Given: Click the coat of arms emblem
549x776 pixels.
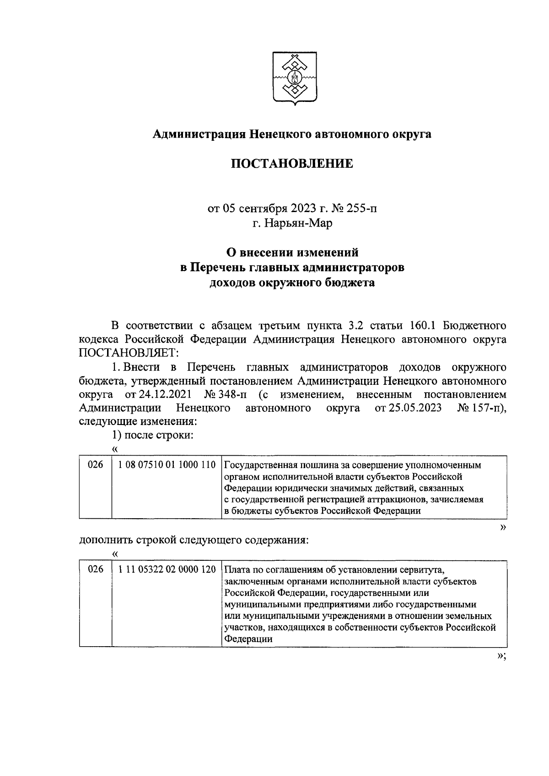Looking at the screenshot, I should pos(292,79).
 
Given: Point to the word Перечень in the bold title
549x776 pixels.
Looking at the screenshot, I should pos(221,267).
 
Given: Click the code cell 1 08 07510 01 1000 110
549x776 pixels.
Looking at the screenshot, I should pos(167,465).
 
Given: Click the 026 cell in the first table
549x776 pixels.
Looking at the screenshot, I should pos(95,465).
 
